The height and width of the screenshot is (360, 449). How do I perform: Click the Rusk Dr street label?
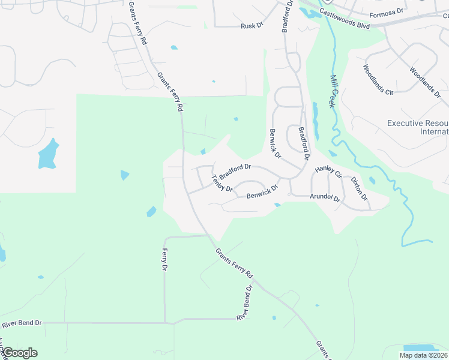tap(252, 26)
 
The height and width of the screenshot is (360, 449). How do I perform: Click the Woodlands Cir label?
tap(378, 80)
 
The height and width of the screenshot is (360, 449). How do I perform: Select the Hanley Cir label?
tap(328, 172)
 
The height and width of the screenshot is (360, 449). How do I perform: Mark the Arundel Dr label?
tap(325, 197)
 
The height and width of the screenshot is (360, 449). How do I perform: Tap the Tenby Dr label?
tap(222, 183)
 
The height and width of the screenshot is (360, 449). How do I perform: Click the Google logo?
tap(19, 353)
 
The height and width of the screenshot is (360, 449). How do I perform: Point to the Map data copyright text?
tap(423, 355)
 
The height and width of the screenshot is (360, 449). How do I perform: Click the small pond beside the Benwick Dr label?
tap(277, 205)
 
